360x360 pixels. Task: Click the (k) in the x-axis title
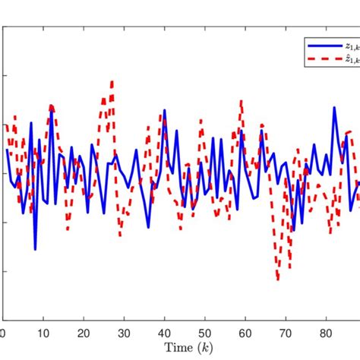click(197, 349)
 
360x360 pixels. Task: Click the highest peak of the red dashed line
click(112, 81)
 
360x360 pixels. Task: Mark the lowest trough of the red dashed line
click(277, 279)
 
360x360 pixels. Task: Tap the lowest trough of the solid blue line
click(36, 249)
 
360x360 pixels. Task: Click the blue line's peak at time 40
click(164, 112)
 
